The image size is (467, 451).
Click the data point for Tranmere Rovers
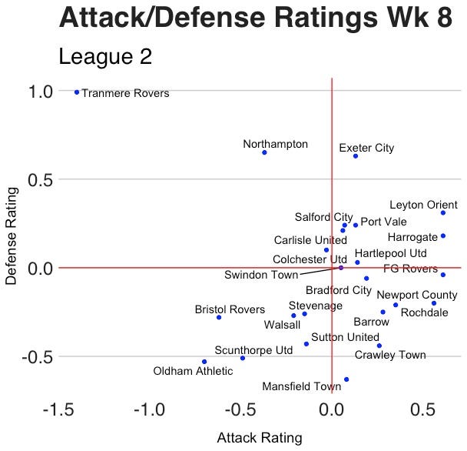coord(77,92)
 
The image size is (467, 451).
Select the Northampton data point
coord(264,152)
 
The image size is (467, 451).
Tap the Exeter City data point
coord(356,156)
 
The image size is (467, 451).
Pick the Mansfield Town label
coord(301,386)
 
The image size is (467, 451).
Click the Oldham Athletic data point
coord(204,362)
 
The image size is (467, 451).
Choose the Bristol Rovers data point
coord(219,317)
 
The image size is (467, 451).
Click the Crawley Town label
coord(390,356)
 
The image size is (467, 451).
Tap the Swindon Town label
coord(261,275)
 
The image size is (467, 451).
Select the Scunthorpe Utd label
coord(253,350)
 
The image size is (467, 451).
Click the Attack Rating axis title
coord(260,438)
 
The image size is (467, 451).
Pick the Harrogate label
coord(412,237)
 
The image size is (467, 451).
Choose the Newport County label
coord(417,295)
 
